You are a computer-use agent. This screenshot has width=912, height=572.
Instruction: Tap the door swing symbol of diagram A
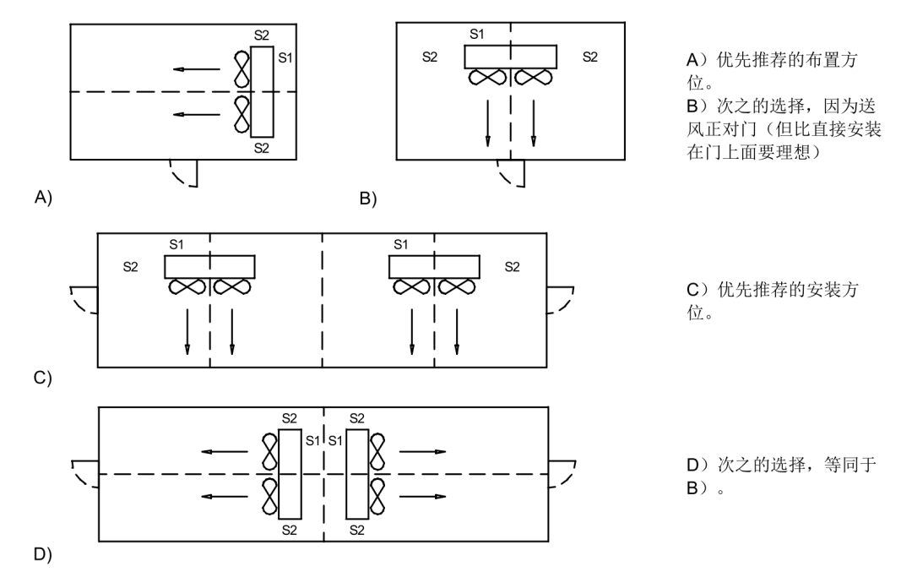point(185,172)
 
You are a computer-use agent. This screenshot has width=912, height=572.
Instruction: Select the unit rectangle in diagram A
point(263,92)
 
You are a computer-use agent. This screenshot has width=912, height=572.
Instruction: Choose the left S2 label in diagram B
point(430,57)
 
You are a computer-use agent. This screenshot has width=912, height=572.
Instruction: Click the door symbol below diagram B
point(512,172)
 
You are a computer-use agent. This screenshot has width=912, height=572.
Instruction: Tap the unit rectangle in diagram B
point(510,57)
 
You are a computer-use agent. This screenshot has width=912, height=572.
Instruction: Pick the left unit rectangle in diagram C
point(209,266)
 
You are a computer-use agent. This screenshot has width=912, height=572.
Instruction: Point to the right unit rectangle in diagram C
point(434,266)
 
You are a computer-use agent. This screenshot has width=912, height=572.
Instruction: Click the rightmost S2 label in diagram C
point(512,267)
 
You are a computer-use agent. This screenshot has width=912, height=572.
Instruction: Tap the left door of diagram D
point(84,473)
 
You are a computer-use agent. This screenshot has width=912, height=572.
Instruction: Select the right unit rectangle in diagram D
point(356,474)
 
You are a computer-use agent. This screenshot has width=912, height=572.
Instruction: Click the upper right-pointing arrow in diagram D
point(422,452)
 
